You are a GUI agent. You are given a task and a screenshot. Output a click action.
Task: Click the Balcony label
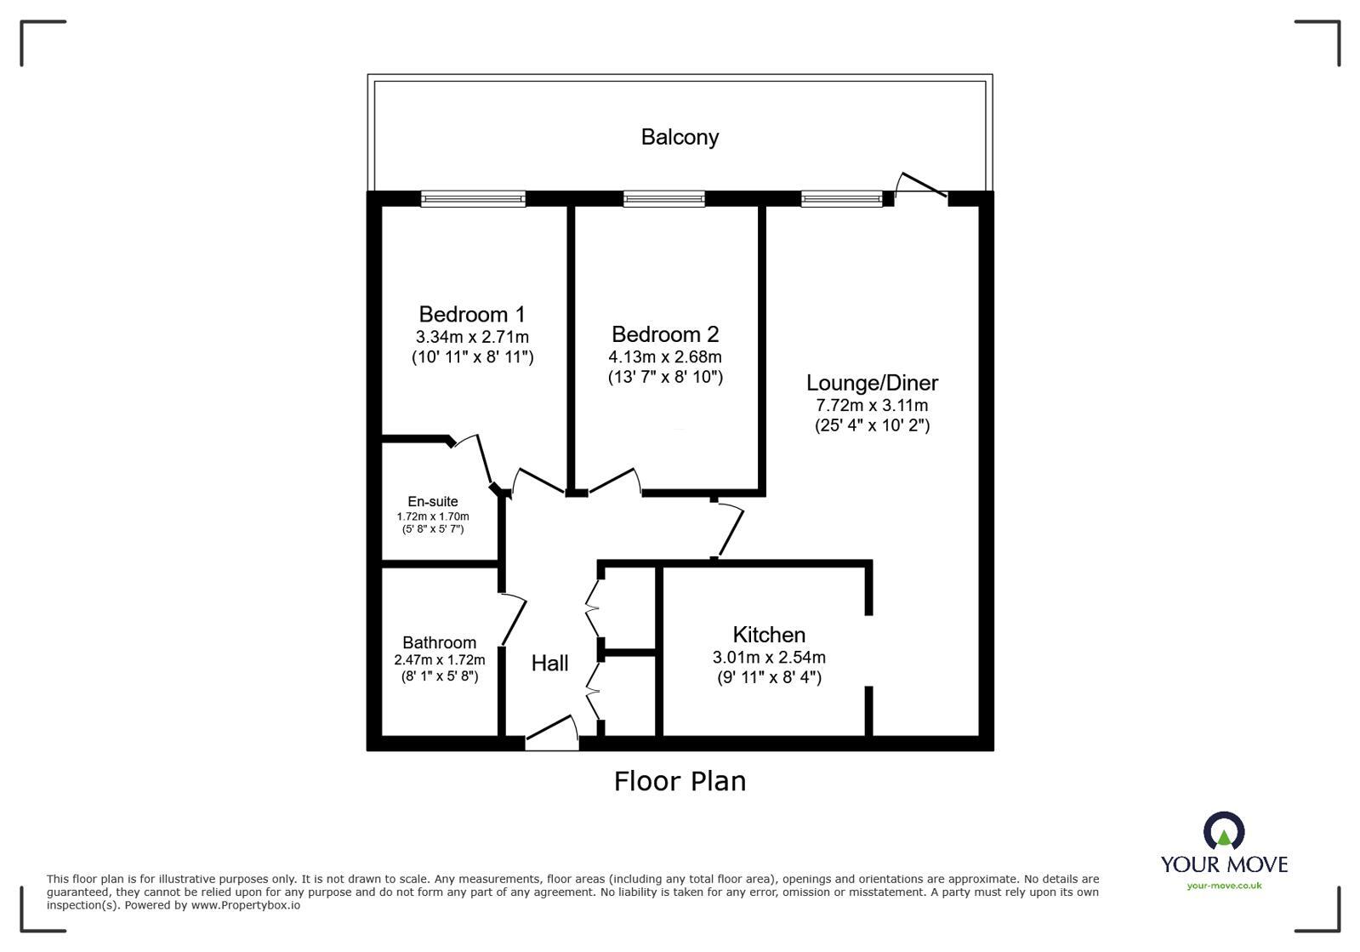(680, 137)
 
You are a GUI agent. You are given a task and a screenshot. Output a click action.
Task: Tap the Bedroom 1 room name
(472, 314)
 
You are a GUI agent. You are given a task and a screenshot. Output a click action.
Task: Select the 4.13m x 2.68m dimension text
(665, 356)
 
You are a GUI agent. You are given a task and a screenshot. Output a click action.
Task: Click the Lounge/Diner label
(872, 383)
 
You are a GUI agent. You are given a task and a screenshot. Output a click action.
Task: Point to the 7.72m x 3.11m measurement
(872, 406)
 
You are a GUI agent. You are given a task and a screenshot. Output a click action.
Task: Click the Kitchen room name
(769, 635)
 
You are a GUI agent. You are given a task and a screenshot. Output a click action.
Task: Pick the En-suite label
(432, 502)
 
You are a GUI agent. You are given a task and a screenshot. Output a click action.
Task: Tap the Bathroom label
(439, 642)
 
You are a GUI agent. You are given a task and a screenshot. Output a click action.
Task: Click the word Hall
(549, 664)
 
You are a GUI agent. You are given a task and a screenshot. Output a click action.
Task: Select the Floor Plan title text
(680, 781)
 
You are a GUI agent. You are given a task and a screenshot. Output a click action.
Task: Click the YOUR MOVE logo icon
(1224, 831)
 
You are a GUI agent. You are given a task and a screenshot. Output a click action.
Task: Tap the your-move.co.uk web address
(1224, 886)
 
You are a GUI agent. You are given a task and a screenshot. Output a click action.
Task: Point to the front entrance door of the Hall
(551, 734)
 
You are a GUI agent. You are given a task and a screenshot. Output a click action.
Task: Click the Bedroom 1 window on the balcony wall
(473, 199)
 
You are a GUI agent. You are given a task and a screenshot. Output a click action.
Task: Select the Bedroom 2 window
(664, 199)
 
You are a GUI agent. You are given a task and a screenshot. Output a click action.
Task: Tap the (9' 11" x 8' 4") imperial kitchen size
(769, 678)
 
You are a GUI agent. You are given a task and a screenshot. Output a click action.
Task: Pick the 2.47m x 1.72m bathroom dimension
(439, 660)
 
